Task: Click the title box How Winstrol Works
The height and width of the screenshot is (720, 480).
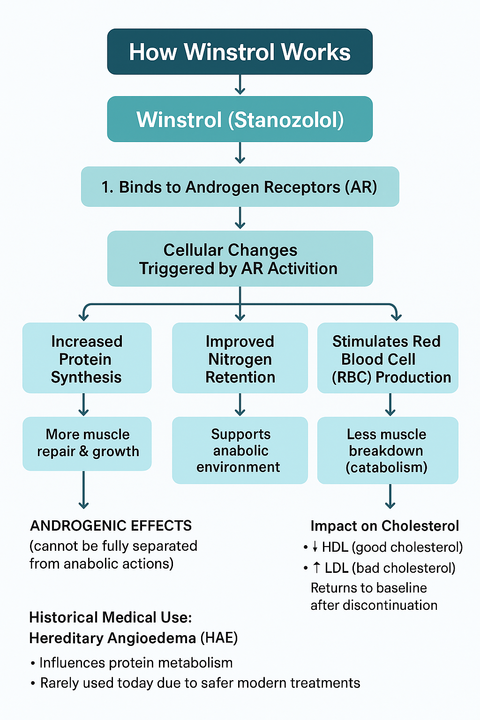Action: [240, 52]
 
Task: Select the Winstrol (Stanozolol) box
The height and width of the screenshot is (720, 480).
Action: [240, 119]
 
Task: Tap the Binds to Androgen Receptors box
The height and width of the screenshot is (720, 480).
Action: [240, 187]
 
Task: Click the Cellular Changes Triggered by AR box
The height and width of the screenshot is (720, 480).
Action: [240, 259]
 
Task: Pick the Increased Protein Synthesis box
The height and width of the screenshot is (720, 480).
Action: [87, 358]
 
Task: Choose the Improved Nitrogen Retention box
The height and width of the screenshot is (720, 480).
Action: [240, 358]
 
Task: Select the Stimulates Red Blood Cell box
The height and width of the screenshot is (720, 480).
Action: [388, 358]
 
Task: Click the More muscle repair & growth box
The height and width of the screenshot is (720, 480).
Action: [87, 443]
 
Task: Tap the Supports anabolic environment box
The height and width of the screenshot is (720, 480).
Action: [240, 450]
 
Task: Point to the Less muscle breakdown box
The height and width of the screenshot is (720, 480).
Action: [388, 450]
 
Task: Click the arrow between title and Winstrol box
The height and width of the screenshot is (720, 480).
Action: [240, 85]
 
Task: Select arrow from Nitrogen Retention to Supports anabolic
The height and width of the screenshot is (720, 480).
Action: [240, 405]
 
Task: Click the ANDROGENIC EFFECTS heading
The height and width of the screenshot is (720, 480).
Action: [111, 525]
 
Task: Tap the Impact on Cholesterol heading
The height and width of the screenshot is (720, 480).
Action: [384, 526]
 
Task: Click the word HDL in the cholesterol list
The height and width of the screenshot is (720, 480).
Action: [335, 547]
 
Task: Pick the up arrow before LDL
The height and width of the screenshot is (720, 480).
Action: [316, 568]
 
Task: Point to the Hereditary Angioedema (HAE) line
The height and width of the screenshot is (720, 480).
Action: [133, 638]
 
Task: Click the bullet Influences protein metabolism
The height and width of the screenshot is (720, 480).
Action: [135, 663]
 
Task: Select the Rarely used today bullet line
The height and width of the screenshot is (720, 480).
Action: [200, 683]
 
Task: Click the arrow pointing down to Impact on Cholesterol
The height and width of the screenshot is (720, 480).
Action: [390, 496]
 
